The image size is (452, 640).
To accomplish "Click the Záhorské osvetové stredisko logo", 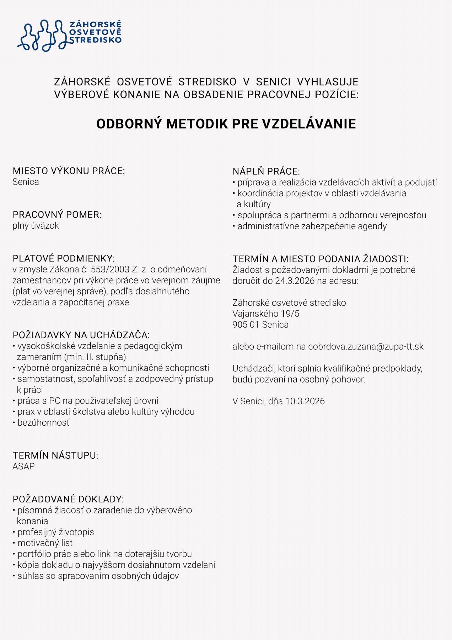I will coord(69,35).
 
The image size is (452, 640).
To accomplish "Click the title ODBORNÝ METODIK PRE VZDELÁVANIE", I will coord(226,124).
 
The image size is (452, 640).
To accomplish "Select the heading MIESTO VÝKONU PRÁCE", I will coord(69,171).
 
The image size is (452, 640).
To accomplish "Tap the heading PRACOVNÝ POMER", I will coord(57,215).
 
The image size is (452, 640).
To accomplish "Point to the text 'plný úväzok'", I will coord(36,226).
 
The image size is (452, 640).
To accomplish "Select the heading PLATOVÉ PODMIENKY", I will coord(64,258).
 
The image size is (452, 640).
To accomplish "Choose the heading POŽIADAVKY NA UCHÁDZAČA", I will coord(81,335).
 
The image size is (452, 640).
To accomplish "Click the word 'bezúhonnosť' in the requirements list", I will coord(43,423).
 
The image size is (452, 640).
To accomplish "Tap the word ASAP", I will coord(23,466).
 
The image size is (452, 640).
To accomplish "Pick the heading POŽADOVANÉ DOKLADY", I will coord(68,499).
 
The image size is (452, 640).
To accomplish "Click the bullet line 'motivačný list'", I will coord(45,543).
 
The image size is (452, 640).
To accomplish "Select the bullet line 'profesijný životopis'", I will coord(55,532).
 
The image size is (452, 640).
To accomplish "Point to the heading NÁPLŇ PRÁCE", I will coord(266,171).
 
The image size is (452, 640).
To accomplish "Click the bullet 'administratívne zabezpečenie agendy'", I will coord(312,226).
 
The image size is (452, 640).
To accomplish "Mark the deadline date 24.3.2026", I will coord(295,281).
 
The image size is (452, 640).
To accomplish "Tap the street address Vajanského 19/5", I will coord(266,314).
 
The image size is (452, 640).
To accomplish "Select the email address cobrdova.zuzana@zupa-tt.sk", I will coord(366,347).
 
